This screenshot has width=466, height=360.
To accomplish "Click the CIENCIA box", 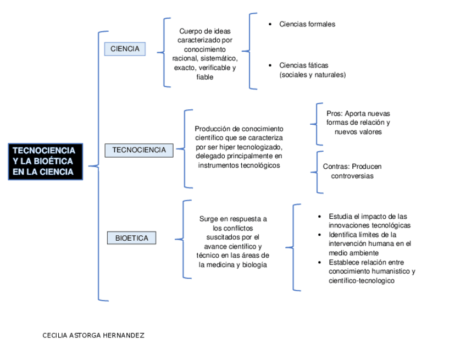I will point(125,49).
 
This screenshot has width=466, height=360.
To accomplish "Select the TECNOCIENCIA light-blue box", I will point(139,150).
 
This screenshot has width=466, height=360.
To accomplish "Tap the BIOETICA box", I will point(131,238).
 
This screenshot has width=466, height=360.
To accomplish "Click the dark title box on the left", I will point(45,162).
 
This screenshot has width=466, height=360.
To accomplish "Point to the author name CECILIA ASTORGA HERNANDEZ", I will point(93,335).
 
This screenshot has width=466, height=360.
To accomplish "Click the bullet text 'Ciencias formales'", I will point(307,24).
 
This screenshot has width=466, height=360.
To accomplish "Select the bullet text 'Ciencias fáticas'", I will point(303,65).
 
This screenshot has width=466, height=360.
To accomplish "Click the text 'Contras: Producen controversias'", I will point(352,171).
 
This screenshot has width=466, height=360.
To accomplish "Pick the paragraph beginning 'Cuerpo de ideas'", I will point(204,54).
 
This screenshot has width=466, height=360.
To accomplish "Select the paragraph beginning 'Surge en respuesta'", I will point(232,241).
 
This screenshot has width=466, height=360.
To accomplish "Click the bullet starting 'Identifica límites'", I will point(369,243).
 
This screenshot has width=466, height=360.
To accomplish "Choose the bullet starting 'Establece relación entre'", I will point(371,272).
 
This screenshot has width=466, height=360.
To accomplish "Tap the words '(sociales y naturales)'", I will point(312,75).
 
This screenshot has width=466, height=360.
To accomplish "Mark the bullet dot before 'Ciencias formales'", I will point(269,24).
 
